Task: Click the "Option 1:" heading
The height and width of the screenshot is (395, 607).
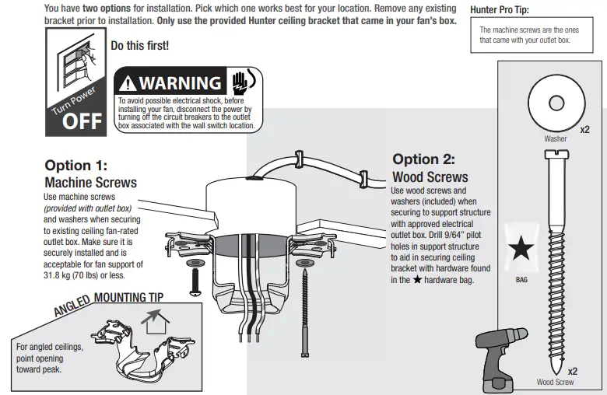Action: pyautogui.click(x=75, y=166)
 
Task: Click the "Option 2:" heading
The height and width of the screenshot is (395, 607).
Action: pyautogui.click(x=423, y=159)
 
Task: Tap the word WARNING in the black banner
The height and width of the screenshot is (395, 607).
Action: pyautogui.click(x=180, y=82)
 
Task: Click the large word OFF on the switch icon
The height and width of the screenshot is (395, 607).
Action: pyautogui.click(x=82, y=123)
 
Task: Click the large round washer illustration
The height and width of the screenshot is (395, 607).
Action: pyautogui.click(x=555, y=103)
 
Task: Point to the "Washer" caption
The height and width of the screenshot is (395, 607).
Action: pyautogui.click(x=556, y=139)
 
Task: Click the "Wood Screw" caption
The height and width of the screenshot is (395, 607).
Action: pyautogui.click(x=556, y=383)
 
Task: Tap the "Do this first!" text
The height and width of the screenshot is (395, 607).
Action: pyautogui.click(x=140, y=46)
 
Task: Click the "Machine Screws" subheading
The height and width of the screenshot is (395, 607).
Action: pyautogui.click(x=90, y=183)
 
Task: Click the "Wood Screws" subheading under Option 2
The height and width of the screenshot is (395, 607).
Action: pyautogui.click(x=430, y=177)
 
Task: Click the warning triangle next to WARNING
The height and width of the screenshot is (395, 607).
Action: pyautogui.click(x=128, y=83)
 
